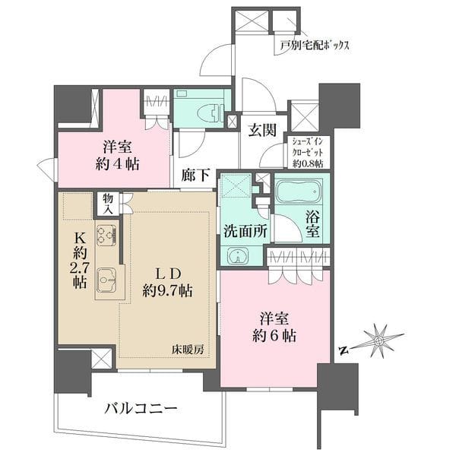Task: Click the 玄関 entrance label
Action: [261, 129]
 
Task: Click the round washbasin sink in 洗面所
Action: [238, 256]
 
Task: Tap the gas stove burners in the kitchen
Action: [106, 235]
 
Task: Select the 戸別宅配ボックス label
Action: [313, 46]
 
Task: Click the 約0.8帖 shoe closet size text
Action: [306, 163]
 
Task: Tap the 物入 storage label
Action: [107, 202]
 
